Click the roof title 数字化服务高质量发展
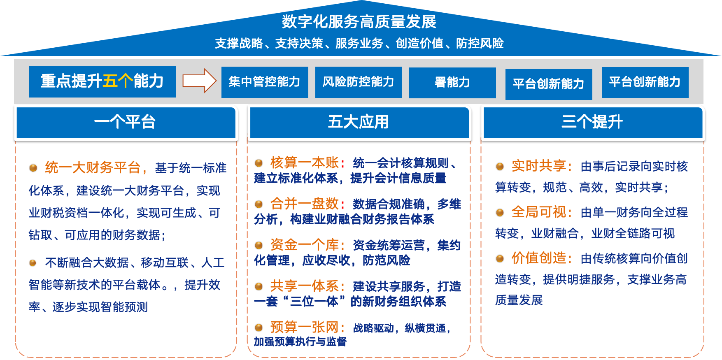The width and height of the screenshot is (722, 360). pyautogui.click(x=359, y=22)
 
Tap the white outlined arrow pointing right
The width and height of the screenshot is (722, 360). pyautogui.click(x=199, y=81)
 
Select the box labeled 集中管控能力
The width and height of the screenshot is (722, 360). pyautogui.click(x=264, y=82)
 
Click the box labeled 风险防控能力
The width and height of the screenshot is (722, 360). pyautogui.click(x=358, y=82)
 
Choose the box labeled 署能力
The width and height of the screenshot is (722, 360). pyautogui.click(x=452, y=82)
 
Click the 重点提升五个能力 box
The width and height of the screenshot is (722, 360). pyautogui.click(x=102, y=81)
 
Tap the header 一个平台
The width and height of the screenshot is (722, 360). pyautogui.click(x=125, y=122)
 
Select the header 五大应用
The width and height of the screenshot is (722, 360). pyautogui.click(x=359, y=122)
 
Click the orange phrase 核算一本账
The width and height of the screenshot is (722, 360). pyautogui.click(x=305, y=163)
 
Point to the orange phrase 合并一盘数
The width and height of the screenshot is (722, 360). pyautogui.click(x=305, y=204)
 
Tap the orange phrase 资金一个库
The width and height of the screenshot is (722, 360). pyautogui.click(x=305, y=245)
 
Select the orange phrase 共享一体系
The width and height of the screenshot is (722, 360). pyautogui.click(x=305, y=286)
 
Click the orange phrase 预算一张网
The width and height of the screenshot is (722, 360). pyautogui.click(x=305, y=327)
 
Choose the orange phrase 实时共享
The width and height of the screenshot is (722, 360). pyautogui.click(x=539, y=166)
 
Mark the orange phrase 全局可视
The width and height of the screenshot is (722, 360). pyautogui.click(x=539, y=212)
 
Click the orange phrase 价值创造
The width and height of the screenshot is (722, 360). pyautogui.click(x=539, y=258)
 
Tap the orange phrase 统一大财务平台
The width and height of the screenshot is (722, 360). pyautogui.click(x=93, y=167)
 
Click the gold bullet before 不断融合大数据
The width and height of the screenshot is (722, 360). pyautogui.click(x=33, y=263)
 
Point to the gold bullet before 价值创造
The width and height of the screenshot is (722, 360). pyautogui.click(x=500, y=259)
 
